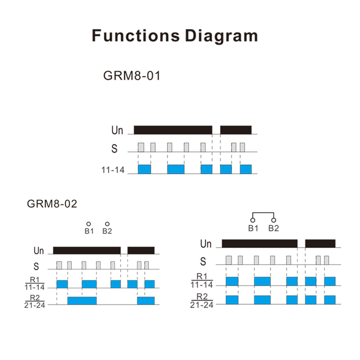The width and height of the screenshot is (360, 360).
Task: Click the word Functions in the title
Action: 136,36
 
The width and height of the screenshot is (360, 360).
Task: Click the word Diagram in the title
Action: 221,36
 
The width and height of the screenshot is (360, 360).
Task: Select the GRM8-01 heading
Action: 131,76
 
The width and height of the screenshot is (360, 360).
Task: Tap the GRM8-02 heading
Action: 52,204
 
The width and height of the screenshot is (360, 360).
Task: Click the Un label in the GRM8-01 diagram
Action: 117,130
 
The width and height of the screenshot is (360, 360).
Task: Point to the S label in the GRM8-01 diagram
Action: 114,148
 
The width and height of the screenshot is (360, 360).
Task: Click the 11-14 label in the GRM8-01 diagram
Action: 113,170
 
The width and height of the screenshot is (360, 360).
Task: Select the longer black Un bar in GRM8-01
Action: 173,130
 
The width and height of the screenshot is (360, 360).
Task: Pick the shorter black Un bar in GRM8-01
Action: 236,130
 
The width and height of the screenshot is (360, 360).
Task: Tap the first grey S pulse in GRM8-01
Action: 141,147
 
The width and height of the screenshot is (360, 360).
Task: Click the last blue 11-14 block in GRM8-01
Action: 246,169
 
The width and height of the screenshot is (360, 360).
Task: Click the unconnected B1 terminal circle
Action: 89,224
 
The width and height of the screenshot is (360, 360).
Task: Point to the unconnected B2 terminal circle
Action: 107,224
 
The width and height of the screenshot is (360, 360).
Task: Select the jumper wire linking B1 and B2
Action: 263,213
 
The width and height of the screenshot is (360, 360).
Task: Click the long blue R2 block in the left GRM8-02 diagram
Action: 82,301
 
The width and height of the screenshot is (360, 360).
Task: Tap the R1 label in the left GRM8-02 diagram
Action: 35,279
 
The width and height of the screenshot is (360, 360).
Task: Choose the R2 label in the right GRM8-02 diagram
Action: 202,297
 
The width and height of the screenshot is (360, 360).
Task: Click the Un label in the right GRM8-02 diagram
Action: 206,244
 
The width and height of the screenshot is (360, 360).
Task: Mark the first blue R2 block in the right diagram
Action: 232,300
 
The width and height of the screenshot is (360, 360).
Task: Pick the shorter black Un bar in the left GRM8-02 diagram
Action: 141,251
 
